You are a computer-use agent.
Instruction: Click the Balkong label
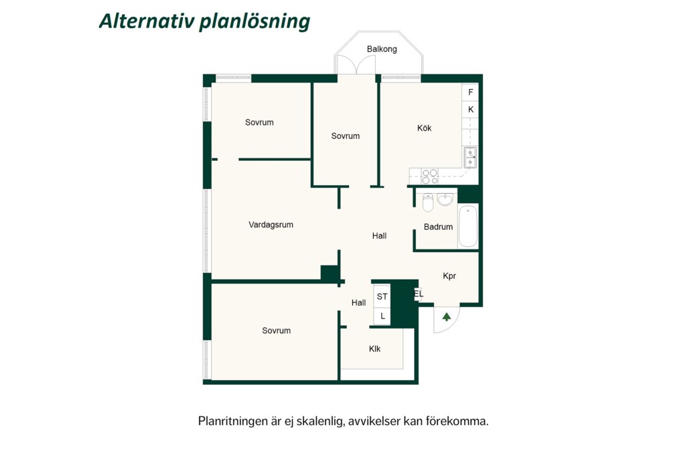point(381,49)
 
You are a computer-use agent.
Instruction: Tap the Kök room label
point(424,128)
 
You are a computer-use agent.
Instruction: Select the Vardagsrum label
point(271,225)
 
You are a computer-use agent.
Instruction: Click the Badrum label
point(438,227)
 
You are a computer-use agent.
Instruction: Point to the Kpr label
point(450,276)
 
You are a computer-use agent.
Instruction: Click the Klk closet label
point(374,349)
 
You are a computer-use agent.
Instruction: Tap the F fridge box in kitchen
point(470,93)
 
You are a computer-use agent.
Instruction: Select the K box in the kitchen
point(470,109)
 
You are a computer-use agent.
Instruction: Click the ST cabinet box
point(382,296)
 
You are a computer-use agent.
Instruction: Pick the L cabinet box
point(382,316)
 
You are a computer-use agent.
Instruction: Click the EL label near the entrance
point(419,294)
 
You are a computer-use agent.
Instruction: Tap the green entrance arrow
point(446,317)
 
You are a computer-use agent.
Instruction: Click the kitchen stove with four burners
point(429,176)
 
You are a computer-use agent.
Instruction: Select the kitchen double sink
point(470,158)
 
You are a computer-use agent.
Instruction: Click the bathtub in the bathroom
point(468,225)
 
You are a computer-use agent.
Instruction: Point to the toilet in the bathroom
point(428,203)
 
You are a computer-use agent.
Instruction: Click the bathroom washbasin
point(445,199)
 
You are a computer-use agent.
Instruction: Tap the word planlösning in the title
point(255,21)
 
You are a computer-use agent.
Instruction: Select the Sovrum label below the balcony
point(345,135)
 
